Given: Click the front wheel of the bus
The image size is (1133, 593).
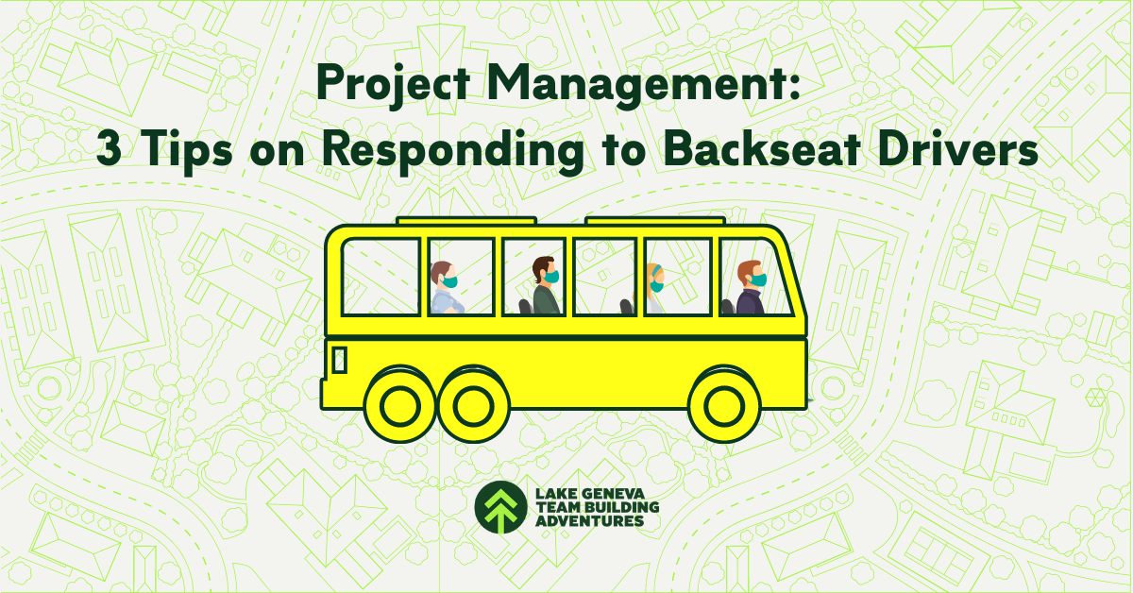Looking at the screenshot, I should pyautogui.click(x=726, y=404).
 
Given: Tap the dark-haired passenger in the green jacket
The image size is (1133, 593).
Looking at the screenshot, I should pyautogui.click(x=546, y=287).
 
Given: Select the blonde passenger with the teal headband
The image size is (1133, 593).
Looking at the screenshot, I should pyautogui.click(x=655, y=289).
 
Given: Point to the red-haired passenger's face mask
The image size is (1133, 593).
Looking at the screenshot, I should pyautogui.click(x=757, y=280).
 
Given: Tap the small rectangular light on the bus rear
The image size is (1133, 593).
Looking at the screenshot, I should pyautogui.click(x=340, y=359).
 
